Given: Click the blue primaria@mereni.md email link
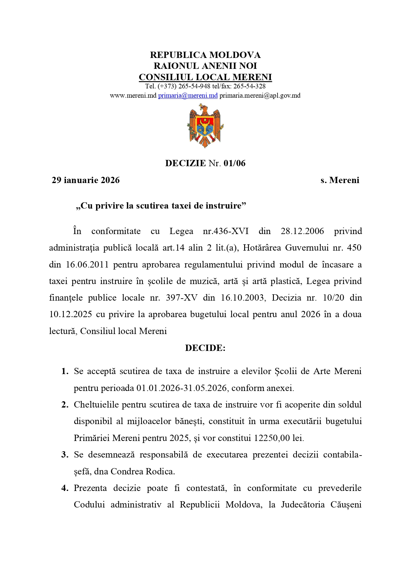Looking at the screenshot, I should [188, 96].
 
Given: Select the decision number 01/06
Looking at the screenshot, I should [234, 163].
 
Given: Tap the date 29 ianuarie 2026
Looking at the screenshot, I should [85, 180].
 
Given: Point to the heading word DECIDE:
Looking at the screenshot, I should [205, 348].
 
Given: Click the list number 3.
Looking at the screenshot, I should [65, 455].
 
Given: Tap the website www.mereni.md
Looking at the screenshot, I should [133, 96].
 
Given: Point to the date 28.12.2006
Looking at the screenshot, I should [302, 231].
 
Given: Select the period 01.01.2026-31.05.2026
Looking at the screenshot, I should [182, 388].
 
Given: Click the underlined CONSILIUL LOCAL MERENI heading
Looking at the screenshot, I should [205, 77].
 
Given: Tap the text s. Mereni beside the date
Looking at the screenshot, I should [340, 180].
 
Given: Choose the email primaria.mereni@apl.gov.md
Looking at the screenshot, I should [260, 96].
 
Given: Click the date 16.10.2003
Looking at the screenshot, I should [243, 298].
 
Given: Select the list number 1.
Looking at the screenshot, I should [65, 371].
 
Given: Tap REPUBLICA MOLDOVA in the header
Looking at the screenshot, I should [205, 55].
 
